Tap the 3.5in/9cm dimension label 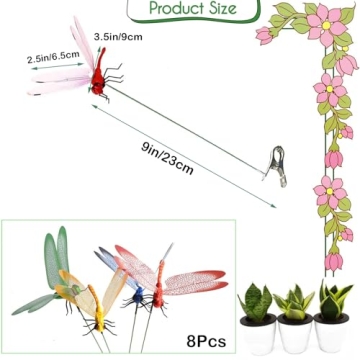[x=117, y=37]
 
